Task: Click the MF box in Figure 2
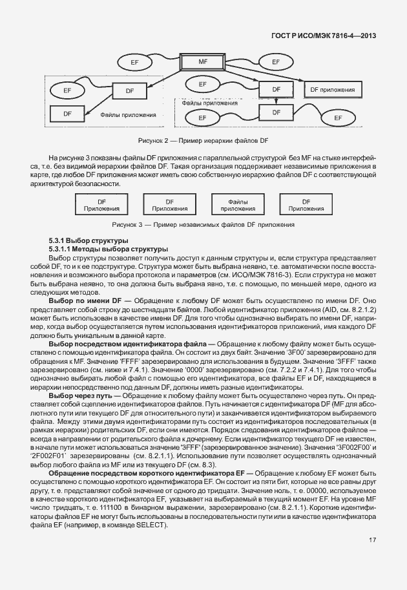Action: point(203,62)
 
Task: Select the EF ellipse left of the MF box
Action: point(134,62)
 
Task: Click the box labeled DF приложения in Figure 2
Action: point(332,89)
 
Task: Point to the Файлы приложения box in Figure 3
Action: point(238,205)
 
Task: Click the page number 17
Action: point(373,540)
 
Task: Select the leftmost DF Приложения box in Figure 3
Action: point(100,205)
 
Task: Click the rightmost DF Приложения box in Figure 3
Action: point(306,205)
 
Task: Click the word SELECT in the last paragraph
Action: point(151,524)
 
